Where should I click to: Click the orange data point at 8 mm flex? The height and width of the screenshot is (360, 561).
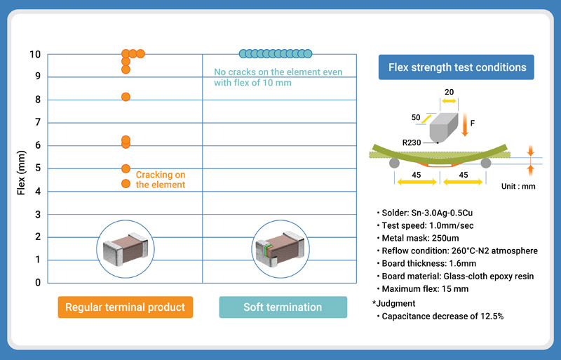126,97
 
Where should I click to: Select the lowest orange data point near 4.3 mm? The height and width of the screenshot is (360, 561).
126,184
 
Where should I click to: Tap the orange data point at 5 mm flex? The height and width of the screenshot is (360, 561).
126,168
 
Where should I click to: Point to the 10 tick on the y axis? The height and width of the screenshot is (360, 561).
35,55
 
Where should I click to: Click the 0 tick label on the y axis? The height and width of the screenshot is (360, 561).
38,283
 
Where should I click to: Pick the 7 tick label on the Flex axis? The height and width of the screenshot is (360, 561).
38,123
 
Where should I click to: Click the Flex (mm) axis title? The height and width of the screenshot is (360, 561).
21,168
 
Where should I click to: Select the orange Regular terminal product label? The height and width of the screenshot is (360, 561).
125,307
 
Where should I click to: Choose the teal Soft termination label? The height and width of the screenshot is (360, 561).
283,307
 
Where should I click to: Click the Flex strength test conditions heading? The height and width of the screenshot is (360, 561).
457,68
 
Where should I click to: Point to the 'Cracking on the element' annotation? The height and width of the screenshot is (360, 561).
161,180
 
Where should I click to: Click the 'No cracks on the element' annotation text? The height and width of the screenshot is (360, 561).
278,77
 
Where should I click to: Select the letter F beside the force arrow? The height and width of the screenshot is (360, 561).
473,124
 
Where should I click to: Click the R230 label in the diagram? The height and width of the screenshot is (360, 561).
412,142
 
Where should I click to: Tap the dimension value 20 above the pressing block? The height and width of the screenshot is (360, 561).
449,91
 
